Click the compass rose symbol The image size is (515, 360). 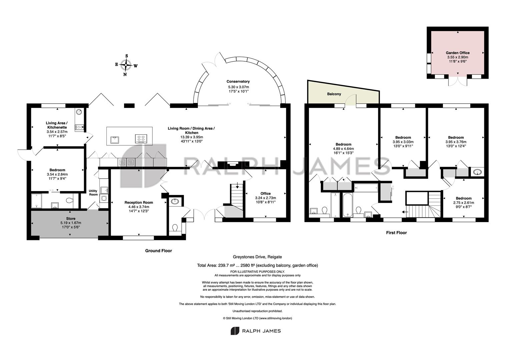tap(126, 65)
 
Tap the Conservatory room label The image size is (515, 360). tap(238, 81)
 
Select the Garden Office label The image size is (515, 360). tap(458, 53)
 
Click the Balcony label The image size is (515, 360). tap(334, 94)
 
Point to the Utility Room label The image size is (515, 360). tap(93, 193)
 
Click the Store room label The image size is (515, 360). tap(71, 218)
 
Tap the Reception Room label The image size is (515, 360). tap(139, 202)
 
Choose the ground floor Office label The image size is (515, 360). tap(266, 193)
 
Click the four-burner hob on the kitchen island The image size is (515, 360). tap(141, 139)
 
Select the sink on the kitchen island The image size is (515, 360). tap(114, 140)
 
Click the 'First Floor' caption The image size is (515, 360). tap(396, 233)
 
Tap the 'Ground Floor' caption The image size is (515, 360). tap(158, 251)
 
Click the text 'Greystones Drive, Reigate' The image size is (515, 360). tap(257, 257)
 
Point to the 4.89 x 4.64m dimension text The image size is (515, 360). tap(344, 149)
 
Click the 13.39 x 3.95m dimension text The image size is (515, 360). tap(191, 137)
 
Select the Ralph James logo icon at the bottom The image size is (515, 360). tap(235, 331)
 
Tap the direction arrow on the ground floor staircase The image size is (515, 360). tap(237, 185)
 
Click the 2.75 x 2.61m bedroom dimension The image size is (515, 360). tap(464, 203)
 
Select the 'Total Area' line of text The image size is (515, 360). tap(257, 265)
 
